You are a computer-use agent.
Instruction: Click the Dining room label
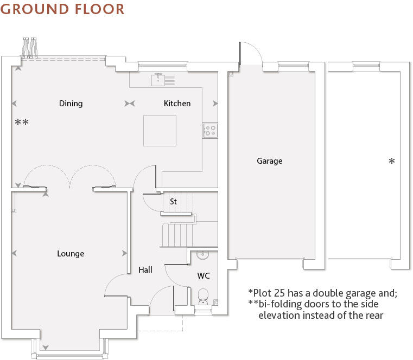point(71,104)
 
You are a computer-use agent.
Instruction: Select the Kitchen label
point(177,104)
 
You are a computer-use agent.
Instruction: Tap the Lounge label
point(71,254)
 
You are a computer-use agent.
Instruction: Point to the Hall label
point(145,270)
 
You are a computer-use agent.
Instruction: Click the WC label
point(204,276)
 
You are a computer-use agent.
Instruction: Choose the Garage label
point(270,161)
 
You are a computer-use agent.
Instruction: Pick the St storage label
point(173,202)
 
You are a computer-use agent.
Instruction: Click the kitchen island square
point(160,131)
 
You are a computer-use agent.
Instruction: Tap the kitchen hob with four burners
point(209,130)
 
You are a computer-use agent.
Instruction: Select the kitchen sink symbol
point(161,80)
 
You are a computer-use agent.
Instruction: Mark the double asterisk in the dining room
point(22,123)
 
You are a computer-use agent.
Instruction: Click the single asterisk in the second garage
point(392,162)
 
